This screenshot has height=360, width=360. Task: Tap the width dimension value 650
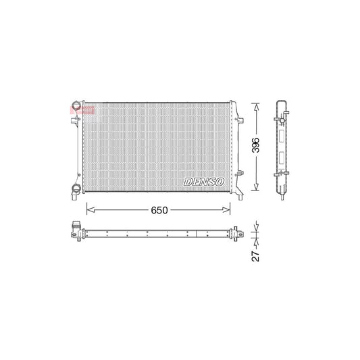point(159,210)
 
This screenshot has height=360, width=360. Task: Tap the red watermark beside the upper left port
point(85,109)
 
